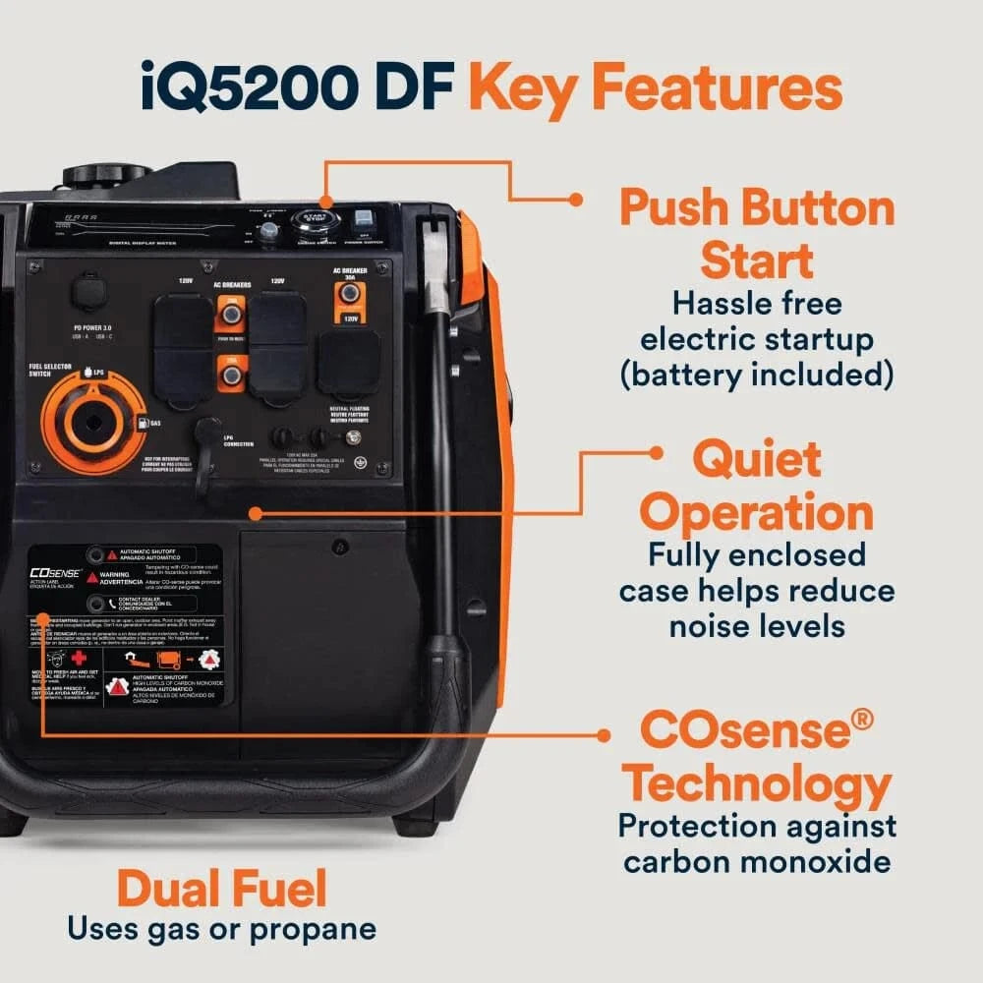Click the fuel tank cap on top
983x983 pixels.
(105, 177)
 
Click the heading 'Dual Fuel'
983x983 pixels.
(221, 891)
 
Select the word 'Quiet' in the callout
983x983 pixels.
(756, 459)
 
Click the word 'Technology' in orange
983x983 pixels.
(758, 785)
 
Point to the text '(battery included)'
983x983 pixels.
(757, 374)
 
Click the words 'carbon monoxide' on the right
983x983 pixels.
(757, 861)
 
